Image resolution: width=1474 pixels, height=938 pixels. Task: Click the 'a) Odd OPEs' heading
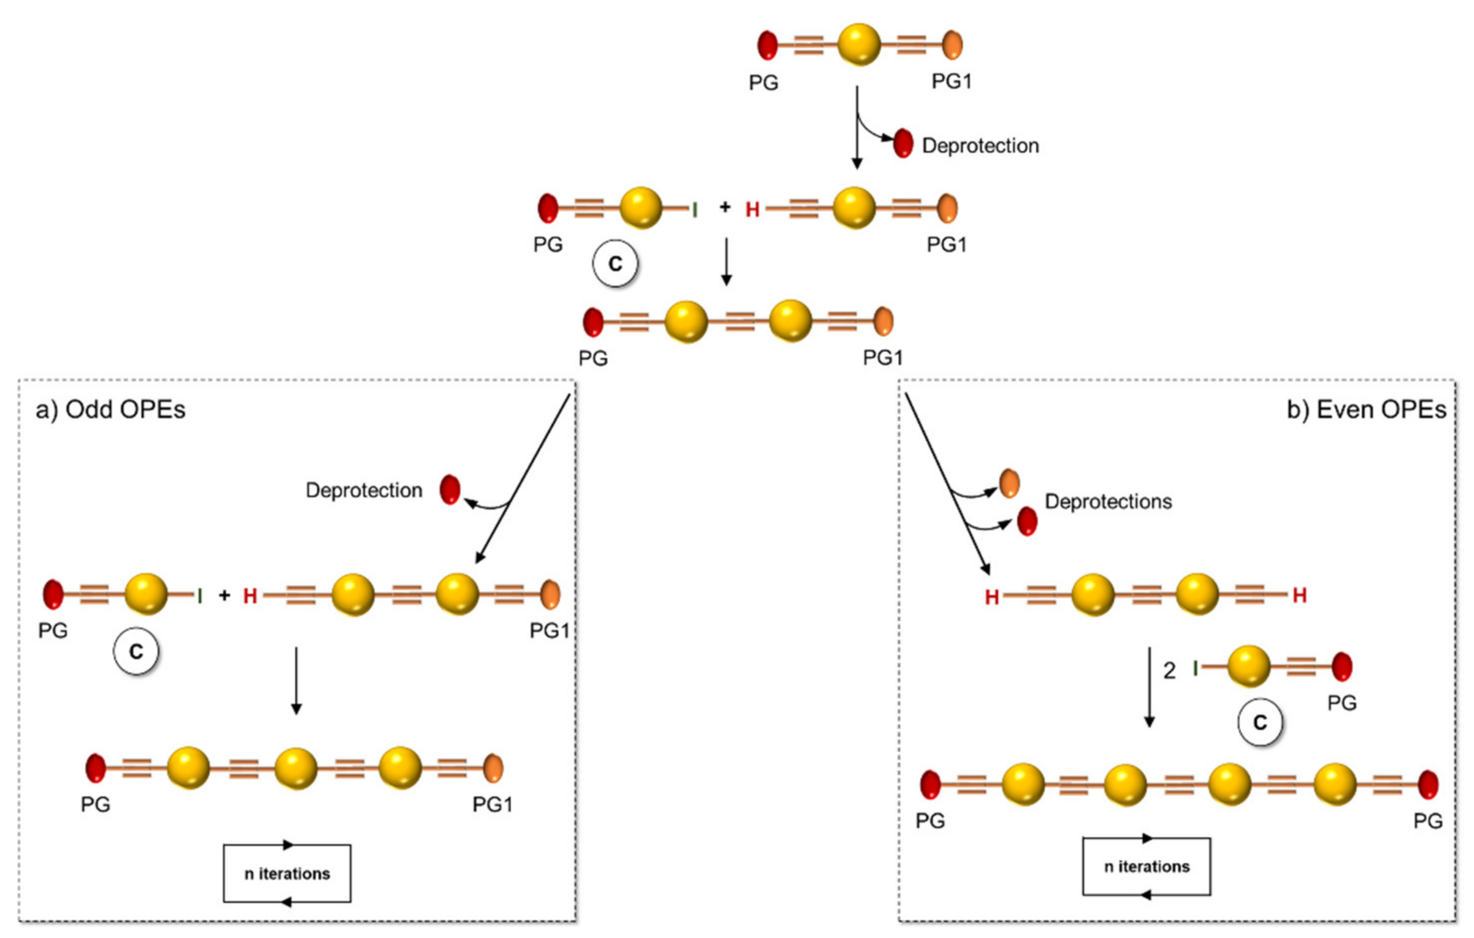click(x=110, y=410)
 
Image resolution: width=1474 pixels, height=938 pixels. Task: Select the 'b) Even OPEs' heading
click(x=1366, y=410)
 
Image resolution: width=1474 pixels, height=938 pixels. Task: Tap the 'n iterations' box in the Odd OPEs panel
click(x=287, y=873)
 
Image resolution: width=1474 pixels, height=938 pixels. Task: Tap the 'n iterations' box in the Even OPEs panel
click(x=1146, y=867)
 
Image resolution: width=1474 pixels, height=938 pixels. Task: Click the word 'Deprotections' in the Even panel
click(x=1108, y=501)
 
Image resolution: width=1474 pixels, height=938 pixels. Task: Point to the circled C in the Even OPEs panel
click(x=1260, y=723)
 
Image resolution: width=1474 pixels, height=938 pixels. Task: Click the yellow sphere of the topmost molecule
click(x=859, y=44)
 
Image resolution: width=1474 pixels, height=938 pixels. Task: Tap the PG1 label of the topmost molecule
click(x=951, y=81)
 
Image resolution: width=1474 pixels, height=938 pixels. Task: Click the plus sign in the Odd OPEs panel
click(x=225, y=595)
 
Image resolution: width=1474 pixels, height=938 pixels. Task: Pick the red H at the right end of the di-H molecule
click(x=1300, y=595)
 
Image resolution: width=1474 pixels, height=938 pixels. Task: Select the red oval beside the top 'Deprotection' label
click(x=903, y=143)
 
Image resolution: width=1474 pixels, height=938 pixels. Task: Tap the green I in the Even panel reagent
click(x=1195, y=669)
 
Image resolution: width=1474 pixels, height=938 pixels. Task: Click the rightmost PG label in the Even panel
click(x=1428, y=821)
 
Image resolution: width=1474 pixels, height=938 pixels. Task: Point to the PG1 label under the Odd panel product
click(x=492, y=805)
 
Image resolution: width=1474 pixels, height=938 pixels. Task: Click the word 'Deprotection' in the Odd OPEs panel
click(x=364, y=490)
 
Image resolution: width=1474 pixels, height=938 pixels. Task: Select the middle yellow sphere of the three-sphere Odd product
click(x=296, y=768)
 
